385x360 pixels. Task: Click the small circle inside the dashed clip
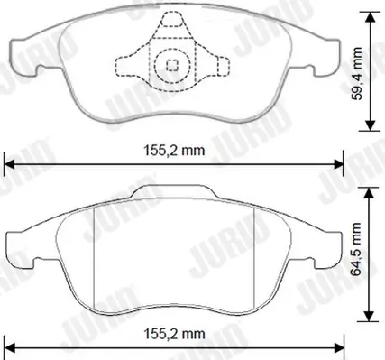click(169, 64)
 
